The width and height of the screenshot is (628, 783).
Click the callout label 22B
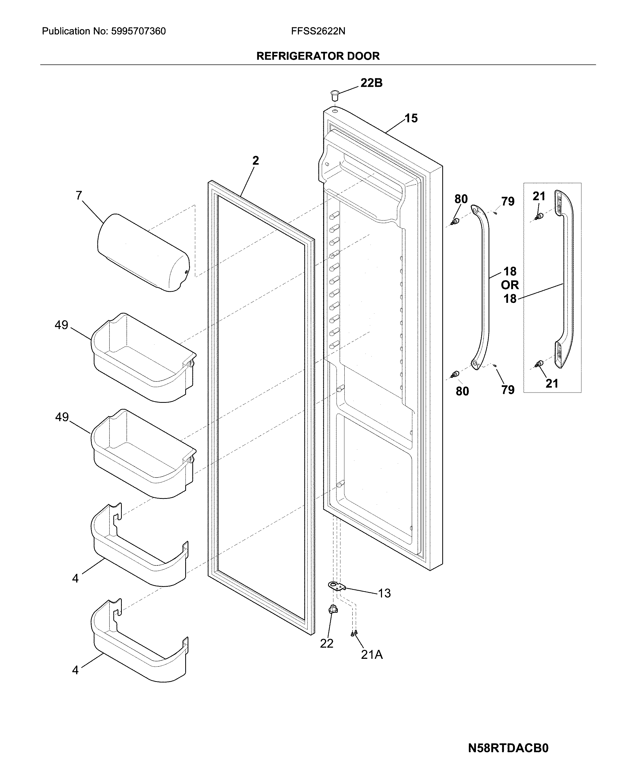371,83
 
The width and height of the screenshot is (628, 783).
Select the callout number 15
411,118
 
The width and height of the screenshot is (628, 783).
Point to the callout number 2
256,160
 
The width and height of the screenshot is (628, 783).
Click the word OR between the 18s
510,285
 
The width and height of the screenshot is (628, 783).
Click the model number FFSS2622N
318,31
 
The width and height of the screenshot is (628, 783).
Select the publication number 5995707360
138,31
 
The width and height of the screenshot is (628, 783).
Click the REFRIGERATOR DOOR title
318,56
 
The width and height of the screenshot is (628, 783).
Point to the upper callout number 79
508,201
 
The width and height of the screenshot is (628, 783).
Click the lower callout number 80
462,391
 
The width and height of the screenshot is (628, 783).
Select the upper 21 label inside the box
539,197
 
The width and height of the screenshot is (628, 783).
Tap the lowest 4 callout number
75,670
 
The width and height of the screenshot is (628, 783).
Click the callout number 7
79,196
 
